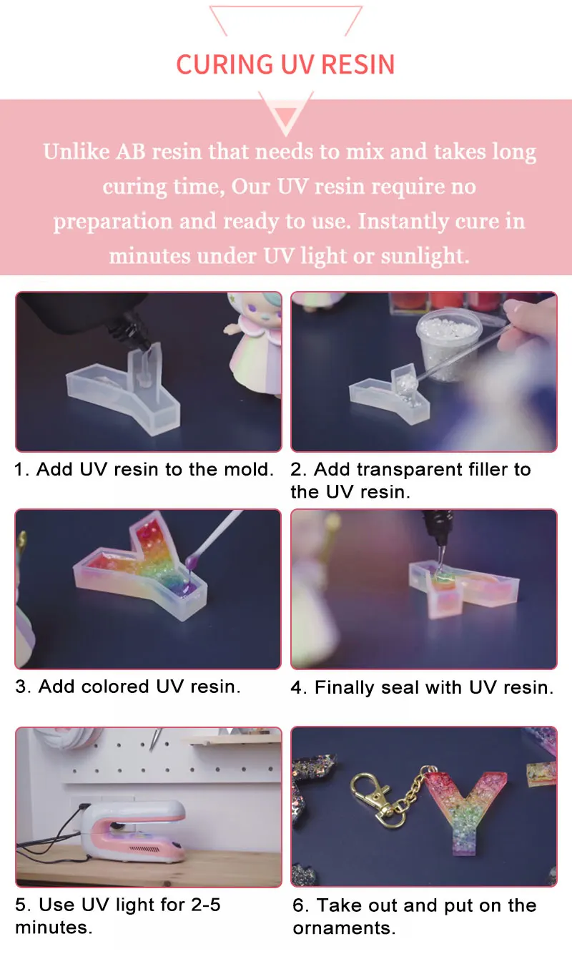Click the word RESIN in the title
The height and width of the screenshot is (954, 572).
click(x=357, y=64)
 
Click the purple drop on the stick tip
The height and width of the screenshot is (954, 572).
click(x=191, y=564)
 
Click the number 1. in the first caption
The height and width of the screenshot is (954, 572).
click(x=22, y=470)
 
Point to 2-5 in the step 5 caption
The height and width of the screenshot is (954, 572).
click(x=201, y=905)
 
